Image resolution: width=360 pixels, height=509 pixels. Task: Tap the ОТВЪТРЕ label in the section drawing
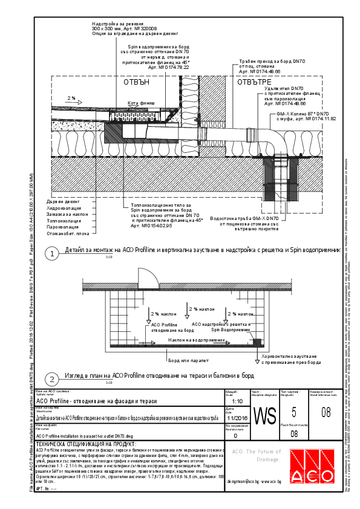(254, 82)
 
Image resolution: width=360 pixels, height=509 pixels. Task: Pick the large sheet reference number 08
(326, 413)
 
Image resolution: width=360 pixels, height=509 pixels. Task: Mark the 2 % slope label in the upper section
(71, 97)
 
